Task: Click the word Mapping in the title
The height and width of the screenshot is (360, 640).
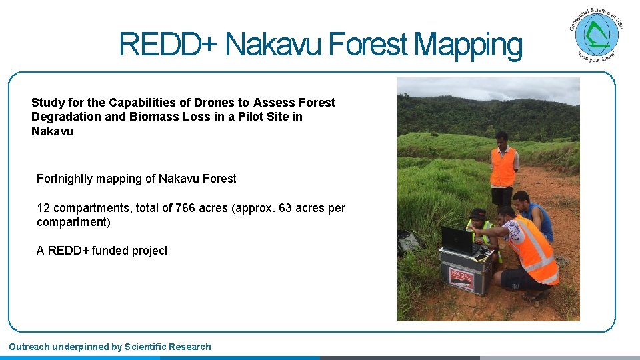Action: click(468, 45)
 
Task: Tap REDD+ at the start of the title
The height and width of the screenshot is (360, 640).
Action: click(168, 45)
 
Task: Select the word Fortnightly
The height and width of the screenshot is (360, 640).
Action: click(65, 179)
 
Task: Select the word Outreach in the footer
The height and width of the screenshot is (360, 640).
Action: click(30, 347)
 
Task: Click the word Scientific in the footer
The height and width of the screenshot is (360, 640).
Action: click(145, 347)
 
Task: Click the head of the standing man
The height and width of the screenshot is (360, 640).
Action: click(502, 139)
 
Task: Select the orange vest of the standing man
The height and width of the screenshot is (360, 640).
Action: click(503, 167)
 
